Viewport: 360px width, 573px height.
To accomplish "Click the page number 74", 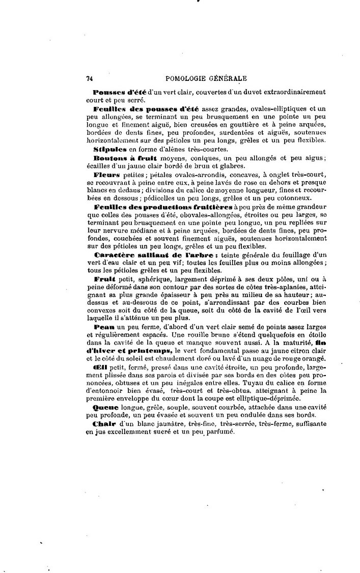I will [89, 78].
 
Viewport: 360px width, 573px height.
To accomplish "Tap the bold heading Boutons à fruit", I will [116, 158].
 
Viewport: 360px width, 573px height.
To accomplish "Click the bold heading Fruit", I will [105, 280].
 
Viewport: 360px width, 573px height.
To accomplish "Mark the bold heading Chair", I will [104, 424].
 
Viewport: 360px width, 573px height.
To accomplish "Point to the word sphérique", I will [152, 280].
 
